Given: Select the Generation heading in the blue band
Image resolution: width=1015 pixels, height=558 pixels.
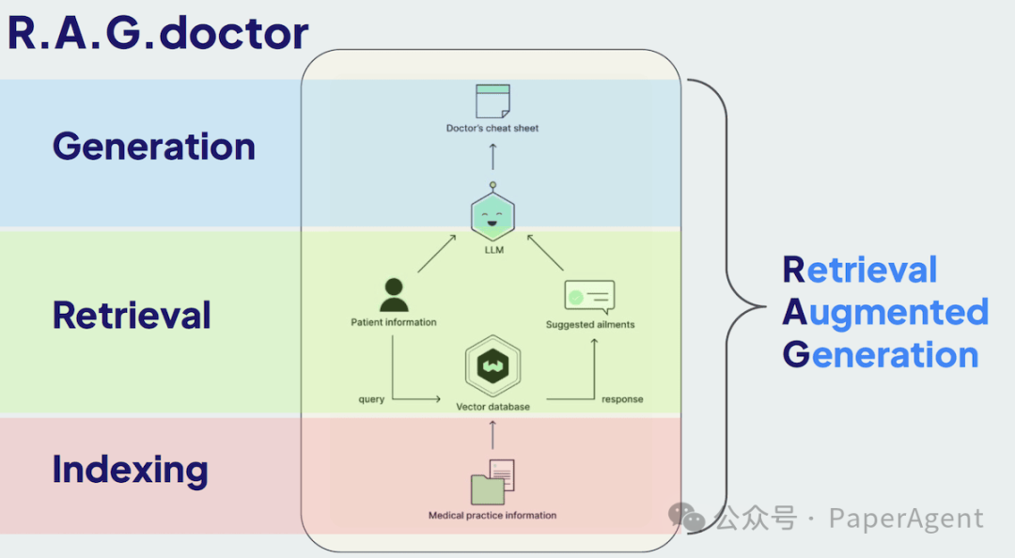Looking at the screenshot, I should pyautogui.click(x=154, y=147).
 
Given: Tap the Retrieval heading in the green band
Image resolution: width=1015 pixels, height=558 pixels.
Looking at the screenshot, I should pyautogui.click(x=132, y=315).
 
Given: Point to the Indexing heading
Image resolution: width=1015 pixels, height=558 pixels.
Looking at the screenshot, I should pyautogui.click(x=130, y=469).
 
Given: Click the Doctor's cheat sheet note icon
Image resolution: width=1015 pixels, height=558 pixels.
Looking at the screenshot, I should pyautogui.click(x=492, y=101).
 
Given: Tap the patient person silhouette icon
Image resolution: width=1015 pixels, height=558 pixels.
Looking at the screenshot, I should pyautogui.click(x=394, y=295).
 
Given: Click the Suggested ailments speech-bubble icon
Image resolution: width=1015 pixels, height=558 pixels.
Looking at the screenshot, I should pyautogui.click(x=589, y=297).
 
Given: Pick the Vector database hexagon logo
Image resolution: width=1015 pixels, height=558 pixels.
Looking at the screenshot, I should pyautogui.click(x=492, y=367).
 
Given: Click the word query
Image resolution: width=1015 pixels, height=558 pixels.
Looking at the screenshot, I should pyautogui.click(x=371, y=399).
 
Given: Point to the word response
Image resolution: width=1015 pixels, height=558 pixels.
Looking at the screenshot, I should pyautogui.click(x=622, y=399).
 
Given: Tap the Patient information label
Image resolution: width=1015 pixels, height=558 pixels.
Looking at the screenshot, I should pyautogui.click(x=394, y=322).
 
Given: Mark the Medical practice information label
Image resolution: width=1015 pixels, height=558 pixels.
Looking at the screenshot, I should pyautogui.click(x=492, y=515).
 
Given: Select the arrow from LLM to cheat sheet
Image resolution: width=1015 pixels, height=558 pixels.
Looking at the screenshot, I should pyautogui.click(x=492, y=156).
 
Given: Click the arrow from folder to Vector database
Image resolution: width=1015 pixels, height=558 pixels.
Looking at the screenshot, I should pyautogui.click(x=492, y=434).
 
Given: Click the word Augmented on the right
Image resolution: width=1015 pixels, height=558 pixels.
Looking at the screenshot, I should pyautogui.click(x=886, y=312).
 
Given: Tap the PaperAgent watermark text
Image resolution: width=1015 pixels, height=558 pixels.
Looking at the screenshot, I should pyautogui.click(x=906, y=519).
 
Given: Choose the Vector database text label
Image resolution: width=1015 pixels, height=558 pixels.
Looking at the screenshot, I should pyautogui.click(x=492, y=407).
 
